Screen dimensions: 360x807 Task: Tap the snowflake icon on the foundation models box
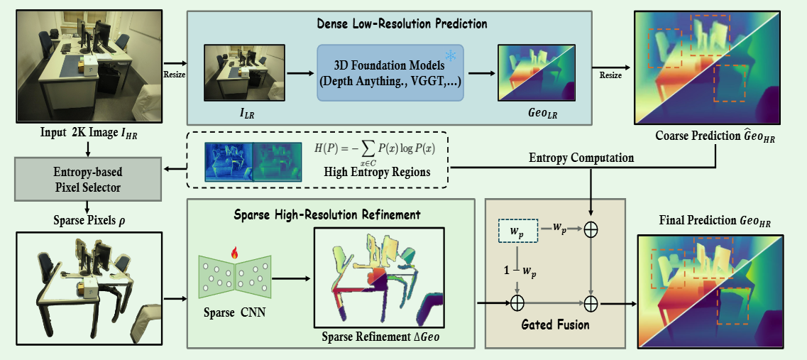[x=451, y=55]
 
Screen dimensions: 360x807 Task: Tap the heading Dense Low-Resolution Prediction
[x=402, y=23]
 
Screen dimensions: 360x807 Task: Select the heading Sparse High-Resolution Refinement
[x=329, y=214]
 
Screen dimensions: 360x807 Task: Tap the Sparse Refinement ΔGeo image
[x=378, y=278]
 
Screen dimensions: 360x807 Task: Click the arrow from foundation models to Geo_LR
[x=481, y=72]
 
